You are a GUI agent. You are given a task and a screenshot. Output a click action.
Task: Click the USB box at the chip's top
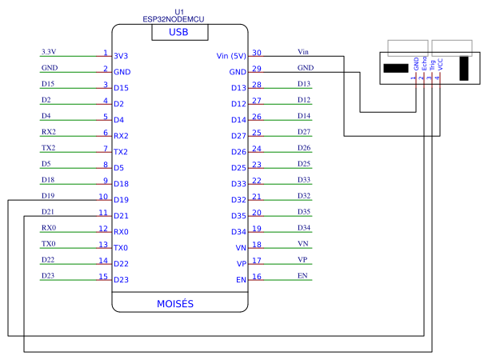tap(179, 33)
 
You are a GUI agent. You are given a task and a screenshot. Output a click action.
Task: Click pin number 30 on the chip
tap(257, 53)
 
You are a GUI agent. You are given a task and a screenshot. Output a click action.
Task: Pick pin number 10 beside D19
tap(103, 196)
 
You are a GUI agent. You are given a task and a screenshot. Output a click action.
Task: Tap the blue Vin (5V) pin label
tap(231, 56)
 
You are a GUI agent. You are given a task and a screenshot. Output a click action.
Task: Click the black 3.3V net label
tap(49, 51)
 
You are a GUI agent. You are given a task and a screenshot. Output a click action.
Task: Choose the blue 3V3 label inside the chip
tap(122, 56)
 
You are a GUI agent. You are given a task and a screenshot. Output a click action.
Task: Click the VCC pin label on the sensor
tap(438, 67)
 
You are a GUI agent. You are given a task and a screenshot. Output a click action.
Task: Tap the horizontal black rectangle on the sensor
tap(395, 69)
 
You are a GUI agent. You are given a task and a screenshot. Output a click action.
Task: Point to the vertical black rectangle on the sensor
tap(463, 69)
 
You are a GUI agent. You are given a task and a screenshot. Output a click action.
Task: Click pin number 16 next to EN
tap(257, 277)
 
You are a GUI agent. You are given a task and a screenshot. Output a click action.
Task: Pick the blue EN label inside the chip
tap(241, 280)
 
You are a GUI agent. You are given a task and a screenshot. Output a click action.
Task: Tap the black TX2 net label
tap(49, 147)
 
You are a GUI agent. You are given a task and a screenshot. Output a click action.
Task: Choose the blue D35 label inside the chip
tap(238, 216)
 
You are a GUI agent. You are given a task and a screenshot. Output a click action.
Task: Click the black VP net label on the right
tap(302, 259)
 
